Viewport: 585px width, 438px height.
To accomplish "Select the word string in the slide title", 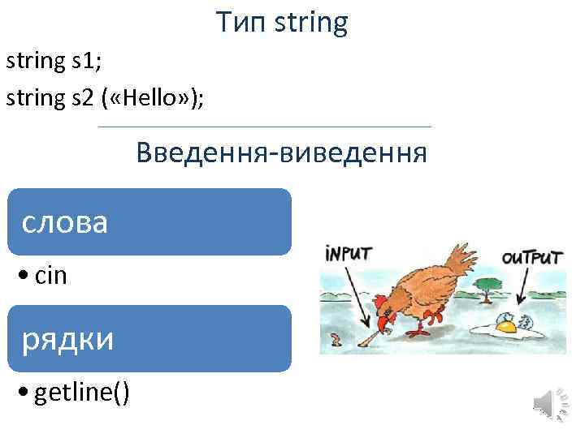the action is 312,24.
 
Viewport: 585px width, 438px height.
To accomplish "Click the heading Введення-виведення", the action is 281,152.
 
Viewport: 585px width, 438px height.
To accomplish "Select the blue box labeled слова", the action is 149,221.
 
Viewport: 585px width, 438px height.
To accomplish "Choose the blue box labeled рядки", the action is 149,338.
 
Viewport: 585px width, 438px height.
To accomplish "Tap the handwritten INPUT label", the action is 348,252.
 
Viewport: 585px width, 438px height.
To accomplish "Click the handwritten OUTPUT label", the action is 531,258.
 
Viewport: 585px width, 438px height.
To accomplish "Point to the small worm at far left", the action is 335,338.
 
